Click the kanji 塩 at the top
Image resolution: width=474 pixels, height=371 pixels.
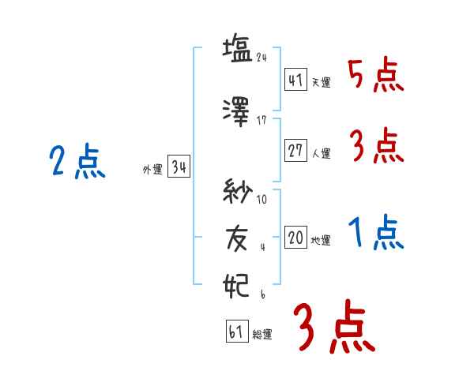pyautogui.click(x=237, y=49)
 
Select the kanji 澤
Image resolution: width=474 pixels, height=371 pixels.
pyautogui.click(x=236, y=112)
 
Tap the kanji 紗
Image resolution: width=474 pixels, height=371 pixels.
pyautogui.click(x=238, y=191)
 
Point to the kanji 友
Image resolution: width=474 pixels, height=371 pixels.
pyautogui.click(x=237, y=239)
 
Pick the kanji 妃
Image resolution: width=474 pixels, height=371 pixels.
pyautogui.click(x=235, y=286)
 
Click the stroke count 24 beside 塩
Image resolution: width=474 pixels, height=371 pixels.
pyautogui.click(x=261, y=58)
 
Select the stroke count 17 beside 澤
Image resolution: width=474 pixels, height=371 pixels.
pyautogui.click(x=261, y=121)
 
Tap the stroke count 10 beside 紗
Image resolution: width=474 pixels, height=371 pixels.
pyautogui.click(x=261, y=199)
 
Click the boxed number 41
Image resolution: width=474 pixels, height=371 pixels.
pyautogui.click(x=296, y=79)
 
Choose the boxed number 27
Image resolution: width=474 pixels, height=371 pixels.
pyautogui.click(x=296, y=150)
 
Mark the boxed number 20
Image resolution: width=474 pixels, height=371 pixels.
pyautogui.click(x=296, y=237)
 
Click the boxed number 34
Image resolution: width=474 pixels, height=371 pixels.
pyautogui.click(x=179, y=166)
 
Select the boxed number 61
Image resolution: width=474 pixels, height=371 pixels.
pyautogui.click(x=237, y=331)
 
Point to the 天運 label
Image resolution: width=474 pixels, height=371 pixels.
pyautogui.click(x=322, y=82)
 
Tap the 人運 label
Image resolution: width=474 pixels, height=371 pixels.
pyautogui.click(x=322, y=153)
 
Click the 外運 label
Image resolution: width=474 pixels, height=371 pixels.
pyautogui.click(x=152, y=170)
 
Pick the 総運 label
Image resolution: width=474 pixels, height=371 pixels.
pyautogui.click(x=262, y=334)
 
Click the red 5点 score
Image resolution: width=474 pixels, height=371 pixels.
pyautogui.click(x=376, y=75)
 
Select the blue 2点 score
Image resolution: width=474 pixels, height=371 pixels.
pyautogui.click(x=77, y=161)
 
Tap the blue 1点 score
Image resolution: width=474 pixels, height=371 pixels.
pyautogui.click(x=376, y=232)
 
